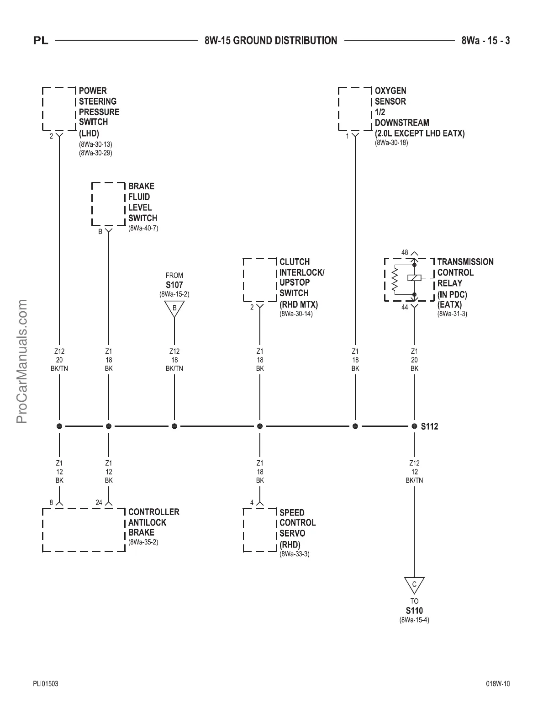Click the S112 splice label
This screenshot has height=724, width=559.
click(x=429, y=426)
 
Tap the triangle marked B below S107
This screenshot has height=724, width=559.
click(x=174, y=308)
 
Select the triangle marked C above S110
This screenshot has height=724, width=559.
click(x=414, y=585)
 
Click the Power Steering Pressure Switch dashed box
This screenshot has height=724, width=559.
click(x=59, y=109)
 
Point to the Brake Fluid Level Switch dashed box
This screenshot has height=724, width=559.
click(x=108, y=204)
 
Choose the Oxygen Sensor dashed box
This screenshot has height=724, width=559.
click(x=355, y=109)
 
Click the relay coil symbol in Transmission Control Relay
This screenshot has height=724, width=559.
click(x=414, y=278)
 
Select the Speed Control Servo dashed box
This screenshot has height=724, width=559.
click(x=260, y=529)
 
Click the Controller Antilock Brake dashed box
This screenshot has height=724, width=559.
click(x=84, y=529)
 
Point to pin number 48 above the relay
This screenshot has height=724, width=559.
click(x=405, y=252)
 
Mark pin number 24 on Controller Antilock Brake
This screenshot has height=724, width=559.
click(x=99, y=503)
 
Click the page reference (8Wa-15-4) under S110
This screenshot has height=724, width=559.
click(x=414, y=620)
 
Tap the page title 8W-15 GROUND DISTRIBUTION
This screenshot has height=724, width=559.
click(x=271, y=41)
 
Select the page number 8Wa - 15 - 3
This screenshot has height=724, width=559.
click(x=485, y=41)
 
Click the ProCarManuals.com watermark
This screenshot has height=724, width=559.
click(x=21, y=361)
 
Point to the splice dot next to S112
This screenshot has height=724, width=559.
click(x=414, y=426)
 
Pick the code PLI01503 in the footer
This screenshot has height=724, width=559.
click(x=46, y=684)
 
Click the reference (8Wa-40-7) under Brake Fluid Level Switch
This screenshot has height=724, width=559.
click(x=143, y=228)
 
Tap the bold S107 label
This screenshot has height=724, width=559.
click(x=174, y=285)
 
